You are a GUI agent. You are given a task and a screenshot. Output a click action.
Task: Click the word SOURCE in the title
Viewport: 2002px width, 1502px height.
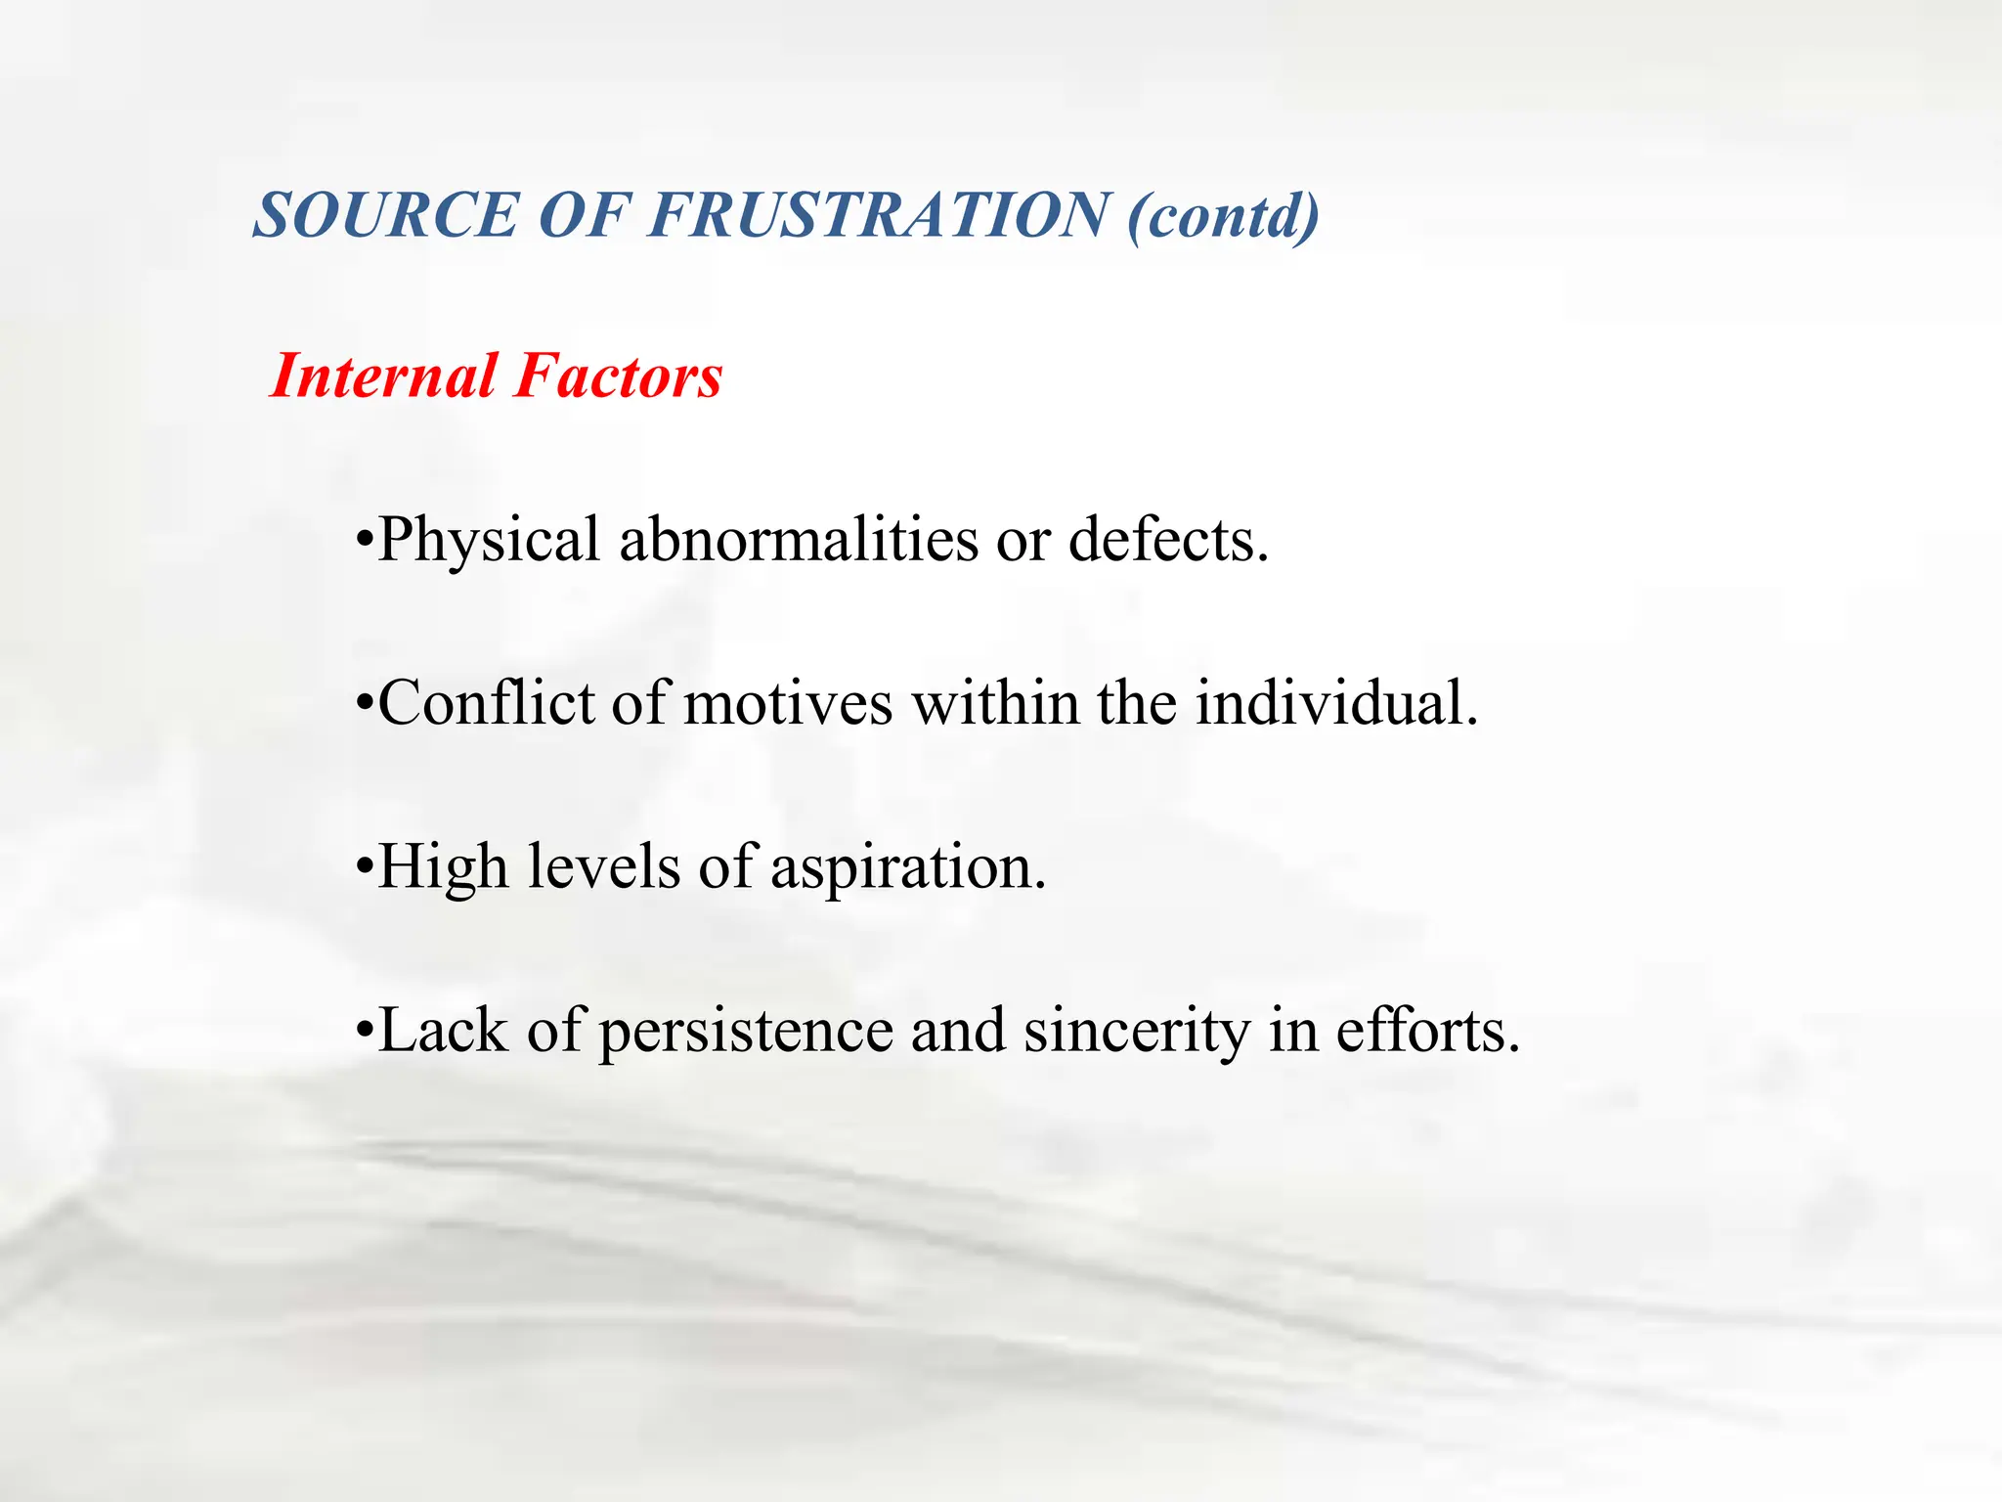point(385,215)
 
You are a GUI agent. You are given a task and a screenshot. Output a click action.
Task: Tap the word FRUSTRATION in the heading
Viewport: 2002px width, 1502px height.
point(879,215)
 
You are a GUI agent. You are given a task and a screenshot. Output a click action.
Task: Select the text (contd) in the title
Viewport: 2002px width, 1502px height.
point(1223,217)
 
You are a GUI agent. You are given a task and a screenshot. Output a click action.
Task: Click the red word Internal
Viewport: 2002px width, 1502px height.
point(382,376)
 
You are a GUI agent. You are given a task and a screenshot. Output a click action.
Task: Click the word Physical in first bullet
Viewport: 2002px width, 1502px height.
point(488,541)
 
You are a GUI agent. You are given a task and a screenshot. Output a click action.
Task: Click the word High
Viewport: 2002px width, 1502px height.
point(443,867)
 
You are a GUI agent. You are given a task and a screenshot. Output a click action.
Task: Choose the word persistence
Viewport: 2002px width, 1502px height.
point(746,1032)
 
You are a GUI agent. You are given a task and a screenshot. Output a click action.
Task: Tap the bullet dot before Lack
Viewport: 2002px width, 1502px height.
point(365,1030)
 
